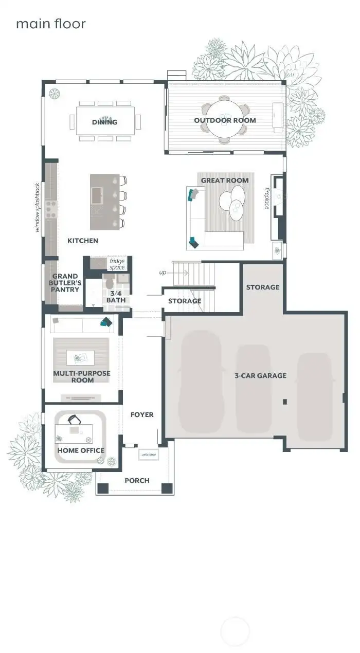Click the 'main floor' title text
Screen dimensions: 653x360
(x=50, y=24)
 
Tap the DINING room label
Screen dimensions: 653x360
(x=104, y=122)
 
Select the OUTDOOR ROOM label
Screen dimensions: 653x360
(x=225, y=120)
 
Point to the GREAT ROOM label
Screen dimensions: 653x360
(x=225, y=180)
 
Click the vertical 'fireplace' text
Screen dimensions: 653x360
(x=267, y=197)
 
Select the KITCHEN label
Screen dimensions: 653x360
(x=83, y=241)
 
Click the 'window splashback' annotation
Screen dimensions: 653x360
(x=37, y=207)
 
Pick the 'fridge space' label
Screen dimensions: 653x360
(x=117, y=264)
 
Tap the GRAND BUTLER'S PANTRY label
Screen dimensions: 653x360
(x=65, y=283)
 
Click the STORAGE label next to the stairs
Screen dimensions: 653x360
(x=185, y=301)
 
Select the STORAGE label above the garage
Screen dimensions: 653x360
(x=262, y=287)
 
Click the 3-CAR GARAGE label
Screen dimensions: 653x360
(x=260, y=376)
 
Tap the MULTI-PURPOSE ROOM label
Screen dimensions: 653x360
(x=82, y=376)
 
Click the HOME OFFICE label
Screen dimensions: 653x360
(x=81, y=450)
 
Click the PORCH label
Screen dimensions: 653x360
(x=137, y=480)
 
